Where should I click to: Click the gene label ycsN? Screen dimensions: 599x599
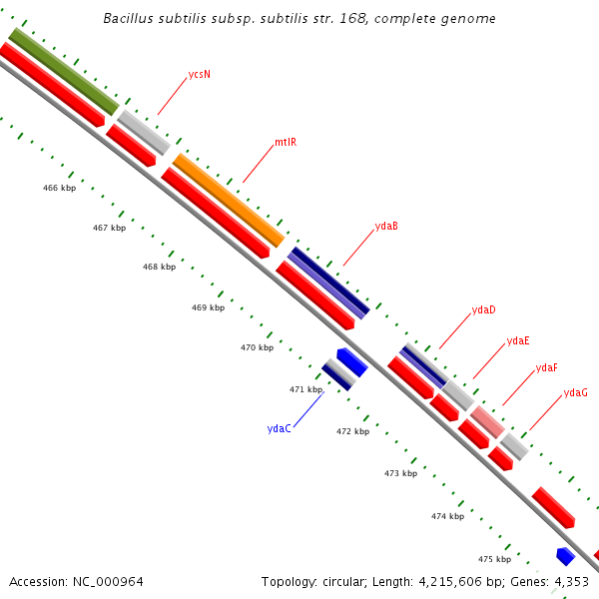tap(199, 75)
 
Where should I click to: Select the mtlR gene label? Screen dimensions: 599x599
tap(286, 143)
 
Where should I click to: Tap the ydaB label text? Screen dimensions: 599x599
tap(386, 226)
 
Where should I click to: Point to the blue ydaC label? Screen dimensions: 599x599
tap(280, 428)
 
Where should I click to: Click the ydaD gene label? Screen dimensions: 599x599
tap(483, 310)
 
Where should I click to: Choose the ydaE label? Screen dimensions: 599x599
tap(518, 341)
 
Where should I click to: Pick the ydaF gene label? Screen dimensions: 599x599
tap(546, 368)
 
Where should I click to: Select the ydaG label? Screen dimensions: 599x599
tap(575, 393)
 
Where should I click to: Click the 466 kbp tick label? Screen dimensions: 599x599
tap(59, 188)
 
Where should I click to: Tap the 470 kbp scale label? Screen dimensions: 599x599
tap(257, 347)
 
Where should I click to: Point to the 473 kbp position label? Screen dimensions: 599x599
tap(400, 473)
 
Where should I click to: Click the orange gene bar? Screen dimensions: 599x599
tap(229, 201)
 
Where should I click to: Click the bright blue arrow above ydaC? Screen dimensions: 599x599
tap(351, 360)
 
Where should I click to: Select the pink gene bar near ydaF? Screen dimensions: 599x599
tap(487, 422)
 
